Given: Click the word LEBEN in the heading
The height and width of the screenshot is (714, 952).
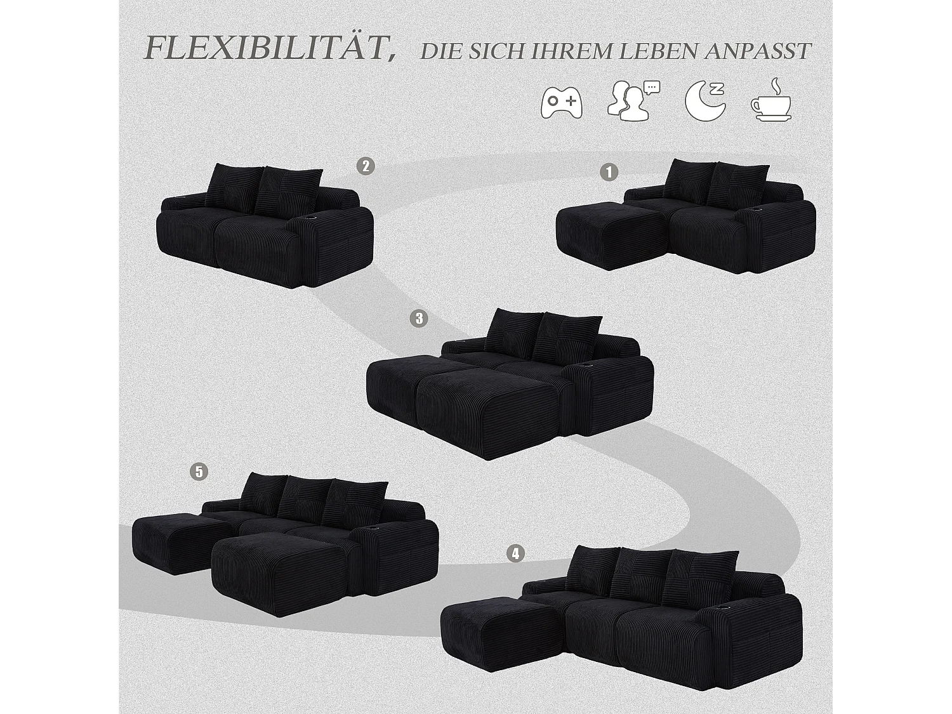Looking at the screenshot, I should click(657, 51).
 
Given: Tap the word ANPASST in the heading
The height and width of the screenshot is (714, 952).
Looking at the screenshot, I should click(758, 51).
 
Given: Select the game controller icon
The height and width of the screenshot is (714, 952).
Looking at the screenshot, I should click(561, 102).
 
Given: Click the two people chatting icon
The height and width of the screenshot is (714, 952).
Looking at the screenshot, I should click(632, 100).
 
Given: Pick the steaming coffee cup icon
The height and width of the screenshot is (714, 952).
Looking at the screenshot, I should click(770, 100).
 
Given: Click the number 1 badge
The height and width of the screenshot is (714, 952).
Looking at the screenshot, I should click(609, 172).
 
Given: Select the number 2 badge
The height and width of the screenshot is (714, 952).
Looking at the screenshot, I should click(365, 166).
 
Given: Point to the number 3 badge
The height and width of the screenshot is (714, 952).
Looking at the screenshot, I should click(419, 318).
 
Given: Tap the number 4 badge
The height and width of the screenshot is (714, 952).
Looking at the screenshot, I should click(515, 553).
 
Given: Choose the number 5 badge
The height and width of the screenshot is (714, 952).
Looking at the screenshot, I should click(199, 472).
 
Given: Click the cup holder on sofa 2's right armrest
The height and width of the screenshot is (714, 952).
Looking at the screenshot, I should click(312, 218).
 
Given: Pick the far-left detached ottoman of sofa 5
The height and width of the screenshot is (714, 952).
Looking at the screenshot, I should click(171, 539).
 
